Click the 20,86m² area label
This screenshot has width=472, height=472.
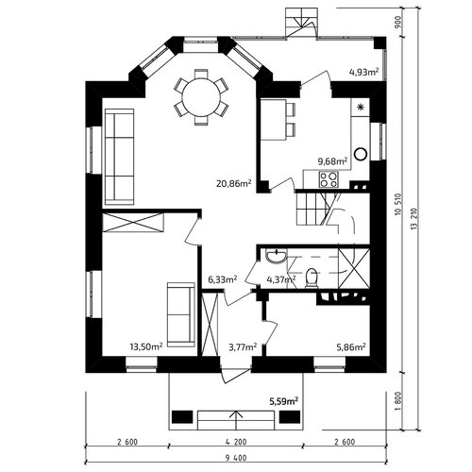233,183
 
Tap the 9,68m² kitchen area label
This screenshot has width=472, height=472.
332,161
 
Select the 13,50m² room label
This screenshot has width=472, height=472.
146,346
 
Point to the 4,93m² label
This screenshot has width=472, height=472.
363,72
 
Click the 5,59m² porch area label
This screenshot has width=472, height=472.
283,401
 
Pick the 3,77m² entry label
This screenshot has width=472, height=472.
242,346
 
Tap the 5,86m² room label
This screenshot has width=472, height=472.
351,346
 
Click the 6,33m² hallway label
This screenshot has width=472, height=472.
223,279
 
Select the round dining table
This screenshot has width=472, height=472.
201,97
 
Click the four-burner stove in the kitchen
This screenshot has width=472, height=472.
329,179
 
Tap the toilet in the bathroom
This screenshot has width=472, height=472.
312,278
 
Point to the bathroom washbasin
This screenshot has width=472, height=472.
276,256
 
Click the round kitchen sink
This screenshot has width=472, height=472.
361,154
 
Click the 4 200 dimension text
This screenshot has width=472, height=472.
236,442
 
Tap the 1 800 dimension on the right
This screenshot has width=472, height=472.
398,401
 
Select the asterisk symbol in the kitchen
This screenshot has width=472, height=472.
361,108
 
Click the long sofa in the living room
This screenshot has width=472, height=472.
120,157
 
